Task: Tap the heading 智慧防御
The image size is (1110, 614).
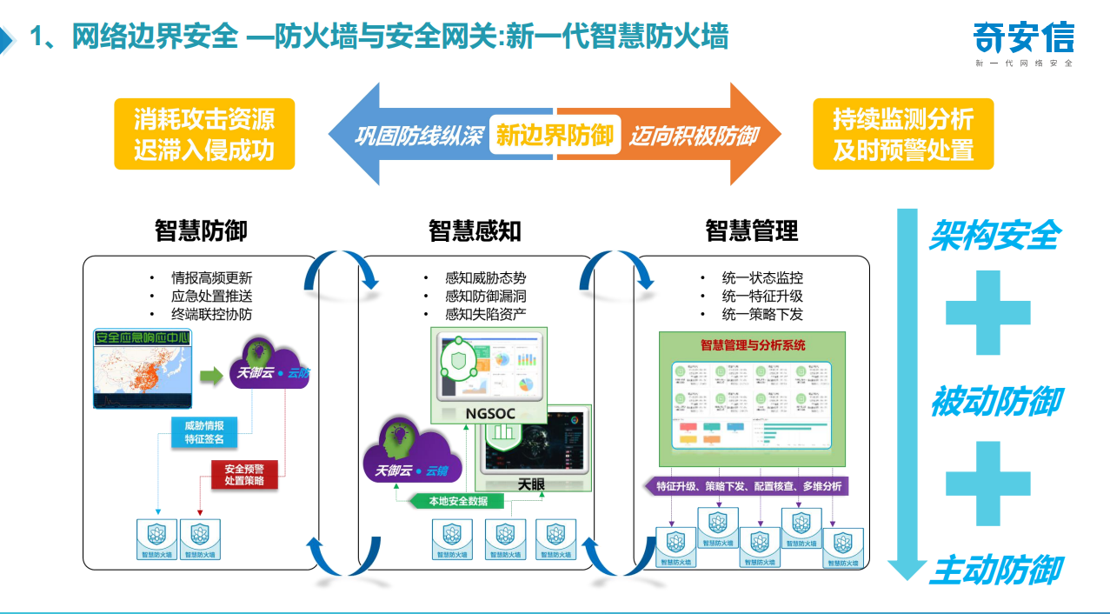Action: [x=201, y=230]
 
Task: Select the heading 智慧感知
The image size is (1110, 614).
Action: [x=475, y=230]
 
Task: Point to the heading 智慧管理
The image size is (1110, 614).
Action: [x=751, y=230]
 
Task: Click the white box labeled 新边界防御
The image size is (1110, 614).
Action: [x=555, y=135]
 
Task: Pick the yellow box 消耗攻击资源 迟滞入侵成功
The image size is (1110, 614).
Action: [x=204, y=134]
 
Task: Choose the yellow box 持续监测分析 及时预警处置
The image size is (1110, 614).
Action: [x=903, y=134]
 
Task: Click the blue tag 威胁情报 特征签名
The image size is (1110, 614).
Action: [x=204, y=432]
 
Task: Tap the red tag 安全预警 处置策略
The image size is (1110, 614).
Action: [x=244, y=475]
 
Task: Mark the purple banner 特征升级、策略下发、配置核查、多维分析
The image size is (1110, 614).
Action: [x=746, y=486]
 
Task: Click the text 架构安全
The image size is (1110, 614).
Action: [x=994, y=235]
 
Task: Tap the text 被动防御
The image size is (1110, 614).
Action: [x=995, y=403]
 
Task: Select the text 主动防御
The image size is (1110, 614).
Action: [x=995, y=571]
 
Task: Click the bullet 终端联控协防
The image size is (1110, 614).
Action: [x=211, y=314]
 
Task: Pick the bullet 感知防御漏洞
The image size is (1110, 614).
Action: [x=485, y=297]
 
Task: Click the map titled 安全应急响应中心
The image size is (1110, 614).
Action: [x=143, y=369]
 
